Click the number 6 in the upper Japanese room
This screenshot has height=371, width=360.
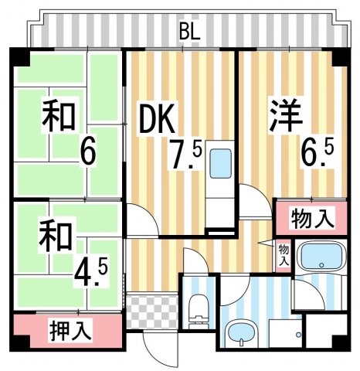click(88, 151)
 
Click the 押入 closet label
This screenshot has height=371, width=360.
click(71, 332)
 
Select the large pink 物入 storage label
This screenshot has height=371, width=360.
click(313, 220)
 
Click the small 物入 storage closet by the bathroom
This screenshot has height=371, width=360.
click(284, 254)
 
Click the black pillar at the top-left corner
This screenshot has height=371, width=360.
click(19, 57)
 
